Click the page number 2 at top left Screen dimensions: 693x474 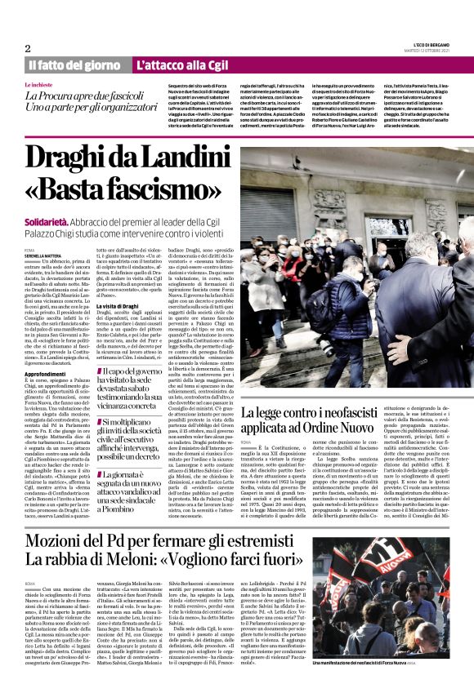pos(28,47)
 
